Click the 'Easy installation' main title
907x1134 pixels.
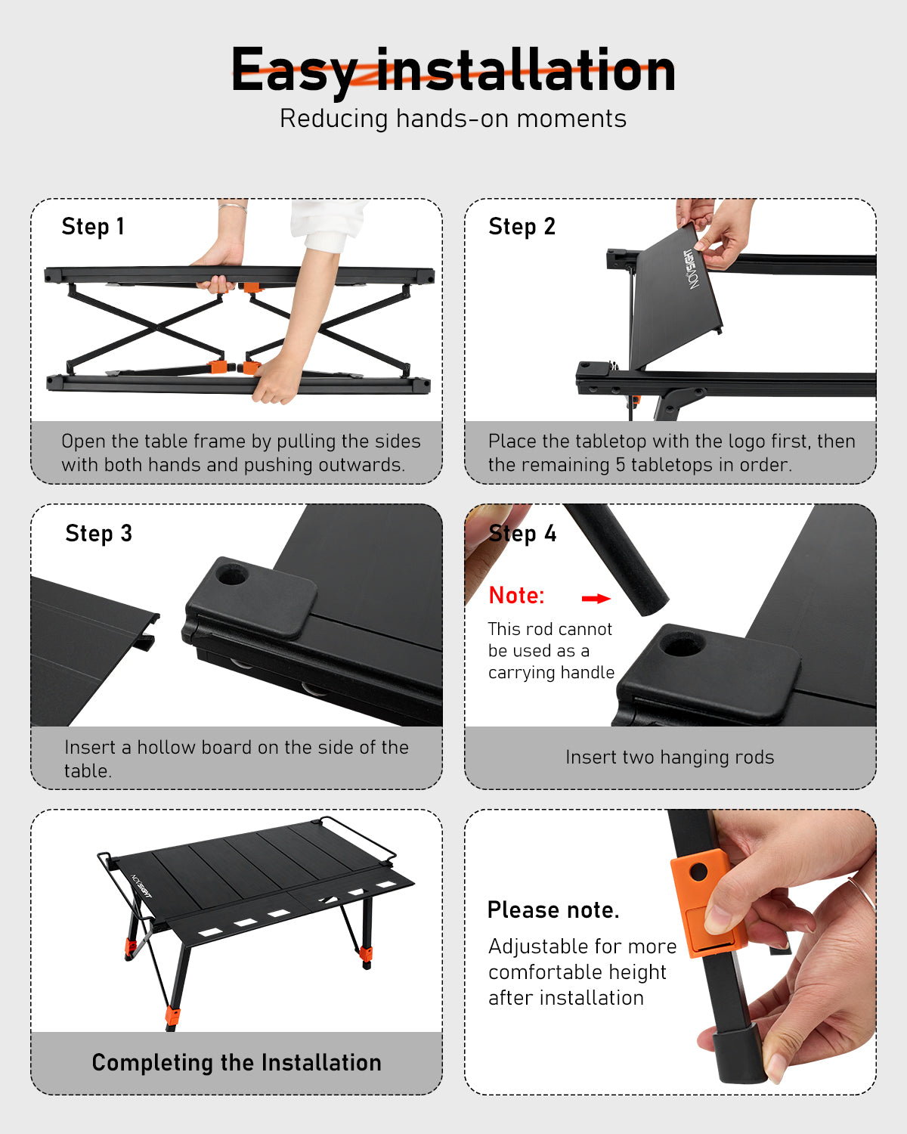(453, 70)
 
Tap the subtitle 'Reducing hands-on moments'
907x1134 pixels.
(453, 119)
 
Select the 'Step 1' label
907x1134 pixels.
(93, 227)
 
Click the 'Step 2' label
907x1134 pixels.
(522, 227)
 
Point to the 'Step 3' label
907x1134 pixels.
(98, 534)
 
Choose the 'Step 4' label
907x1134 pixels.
(522, 534)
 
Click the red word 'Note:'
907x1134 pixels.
(516, 596)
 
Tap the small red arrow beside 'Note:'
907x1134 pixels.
(596, 599)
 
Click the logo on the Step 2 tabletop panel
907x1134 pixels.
(692, 269)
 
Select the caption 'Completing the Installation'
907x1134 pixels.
(237, 1063)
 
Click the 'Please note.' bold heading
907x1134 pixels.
(553, 910)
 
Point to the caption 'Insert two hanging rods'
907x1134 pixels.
(670, 758)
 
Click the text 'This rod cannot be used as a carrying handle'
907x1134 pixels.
(550, 651)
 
